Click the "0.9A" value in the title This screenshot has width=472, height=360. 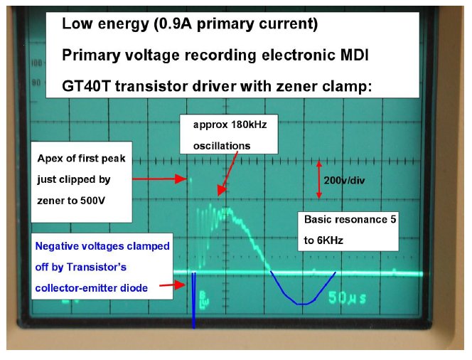coord(175,23)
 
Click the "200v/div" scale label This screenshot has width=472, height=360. coord(344,181)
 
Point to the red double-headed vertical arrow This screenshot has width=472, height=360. coord(319,180)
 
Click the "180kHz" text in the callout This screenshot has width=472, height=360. coord(249,125)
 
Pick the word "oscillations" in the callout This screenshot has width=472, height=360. coord(222,146)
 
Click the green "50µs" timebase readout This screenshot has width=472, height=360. coord(347,297)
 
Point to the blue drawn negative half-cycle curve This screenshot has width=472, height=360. coord(303,303)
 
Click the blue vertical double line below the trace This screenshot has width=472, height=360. coord(194,300)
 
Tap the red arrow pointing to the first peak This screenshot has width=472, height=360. coord(159,179)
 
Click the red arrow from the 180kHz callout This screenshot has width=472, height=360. coord(228,173)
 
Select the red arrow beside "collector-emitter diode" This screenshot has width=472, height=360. coord(172,285)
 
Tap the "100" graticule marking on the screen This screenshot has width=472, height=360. coord(36,63)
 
